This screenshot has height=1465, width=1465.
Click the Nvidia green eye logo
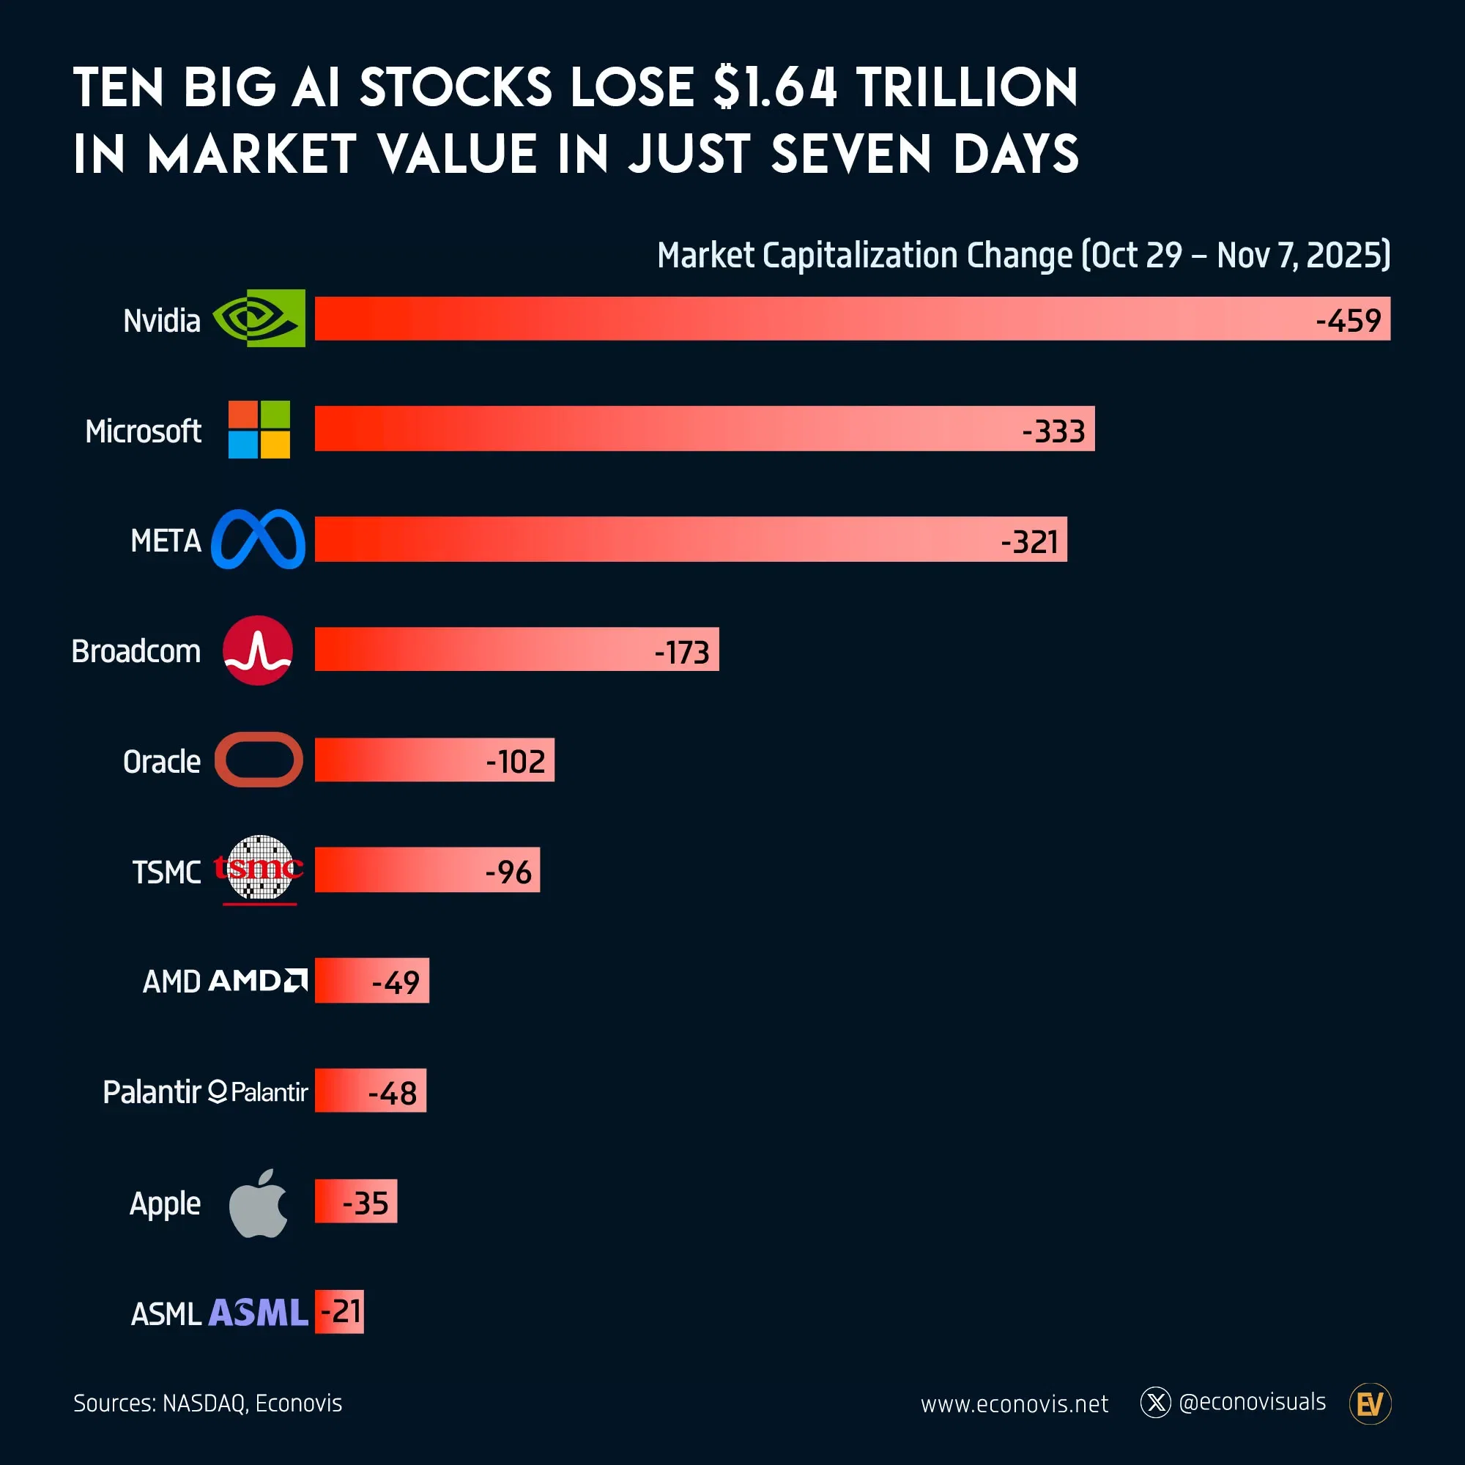coord(259,319)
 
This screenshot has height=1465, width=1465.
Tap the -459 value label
coord(1348,321)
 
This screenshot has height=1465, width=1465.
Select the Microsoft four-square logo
coord(259,429)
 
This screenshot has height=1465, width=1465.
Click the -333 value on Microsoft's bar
coord(1053,431)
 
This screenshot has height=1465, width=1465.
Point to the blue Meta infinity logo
coord(258,539)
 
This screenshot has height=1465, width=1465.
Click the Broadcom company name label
coord(136,651)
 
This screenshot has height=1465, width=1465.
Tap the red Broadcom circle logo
coord(258,650)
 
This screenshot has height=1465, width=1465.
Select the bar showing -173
coord(516,649)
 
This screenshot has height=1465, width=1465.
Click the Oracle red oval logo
coord(259,759)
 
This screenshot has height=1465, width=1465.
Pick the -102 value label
coord(516,761)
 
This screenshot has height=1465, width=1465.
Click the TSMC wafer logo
coord(259,869)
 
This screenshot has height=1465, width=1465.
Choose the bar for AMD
coord(371,981)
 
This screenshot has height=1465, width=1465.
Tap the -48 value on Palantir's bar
coord(392,1093)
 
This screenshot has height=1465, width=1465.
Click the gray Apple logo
coord(259,1203)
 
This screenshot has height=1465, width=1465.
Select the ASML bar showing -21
coord(339,1311)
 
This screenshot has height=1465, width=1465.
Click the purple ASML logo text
coord(259,1313)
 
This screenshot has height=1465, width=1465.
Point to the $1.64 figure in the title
coord(775,87)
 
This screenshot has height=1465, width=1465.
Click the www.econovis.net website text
coord(1014,1403)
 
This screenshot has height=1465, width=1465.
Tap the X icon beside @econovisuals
coord(1156,1402)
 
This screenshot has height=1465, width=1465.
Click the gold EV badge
coord(1370,1403)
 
